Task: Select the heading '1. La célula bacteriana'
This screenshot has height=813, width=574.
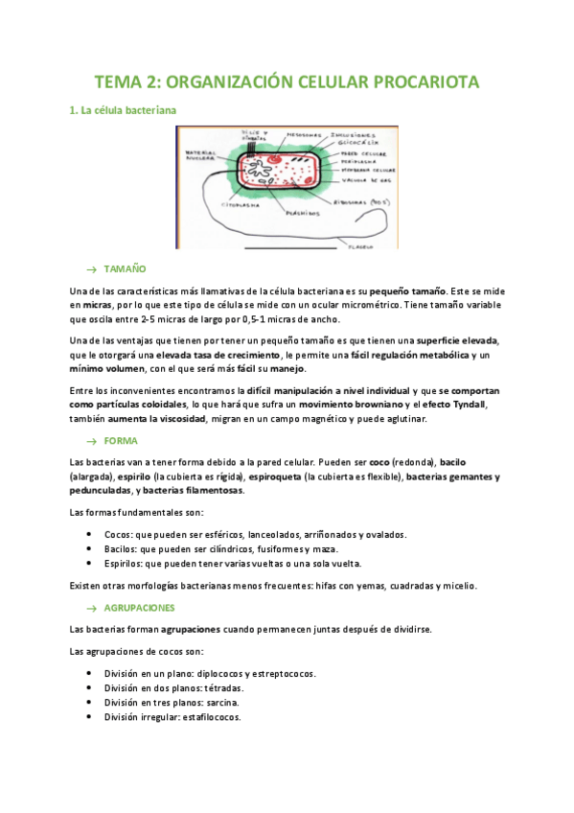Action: pyautogui.click(x=123, y=111)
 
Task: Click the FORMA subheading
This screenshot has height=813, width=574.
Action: pyautogui.click(x=121, y=440)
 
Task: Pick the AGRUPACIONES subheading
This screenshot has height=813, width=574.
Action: pyautogui.click(x=141, y=608)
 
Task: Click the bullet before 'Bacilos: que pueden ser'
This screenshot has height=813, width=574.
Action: pyautogui.click(x=89, y=549)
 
